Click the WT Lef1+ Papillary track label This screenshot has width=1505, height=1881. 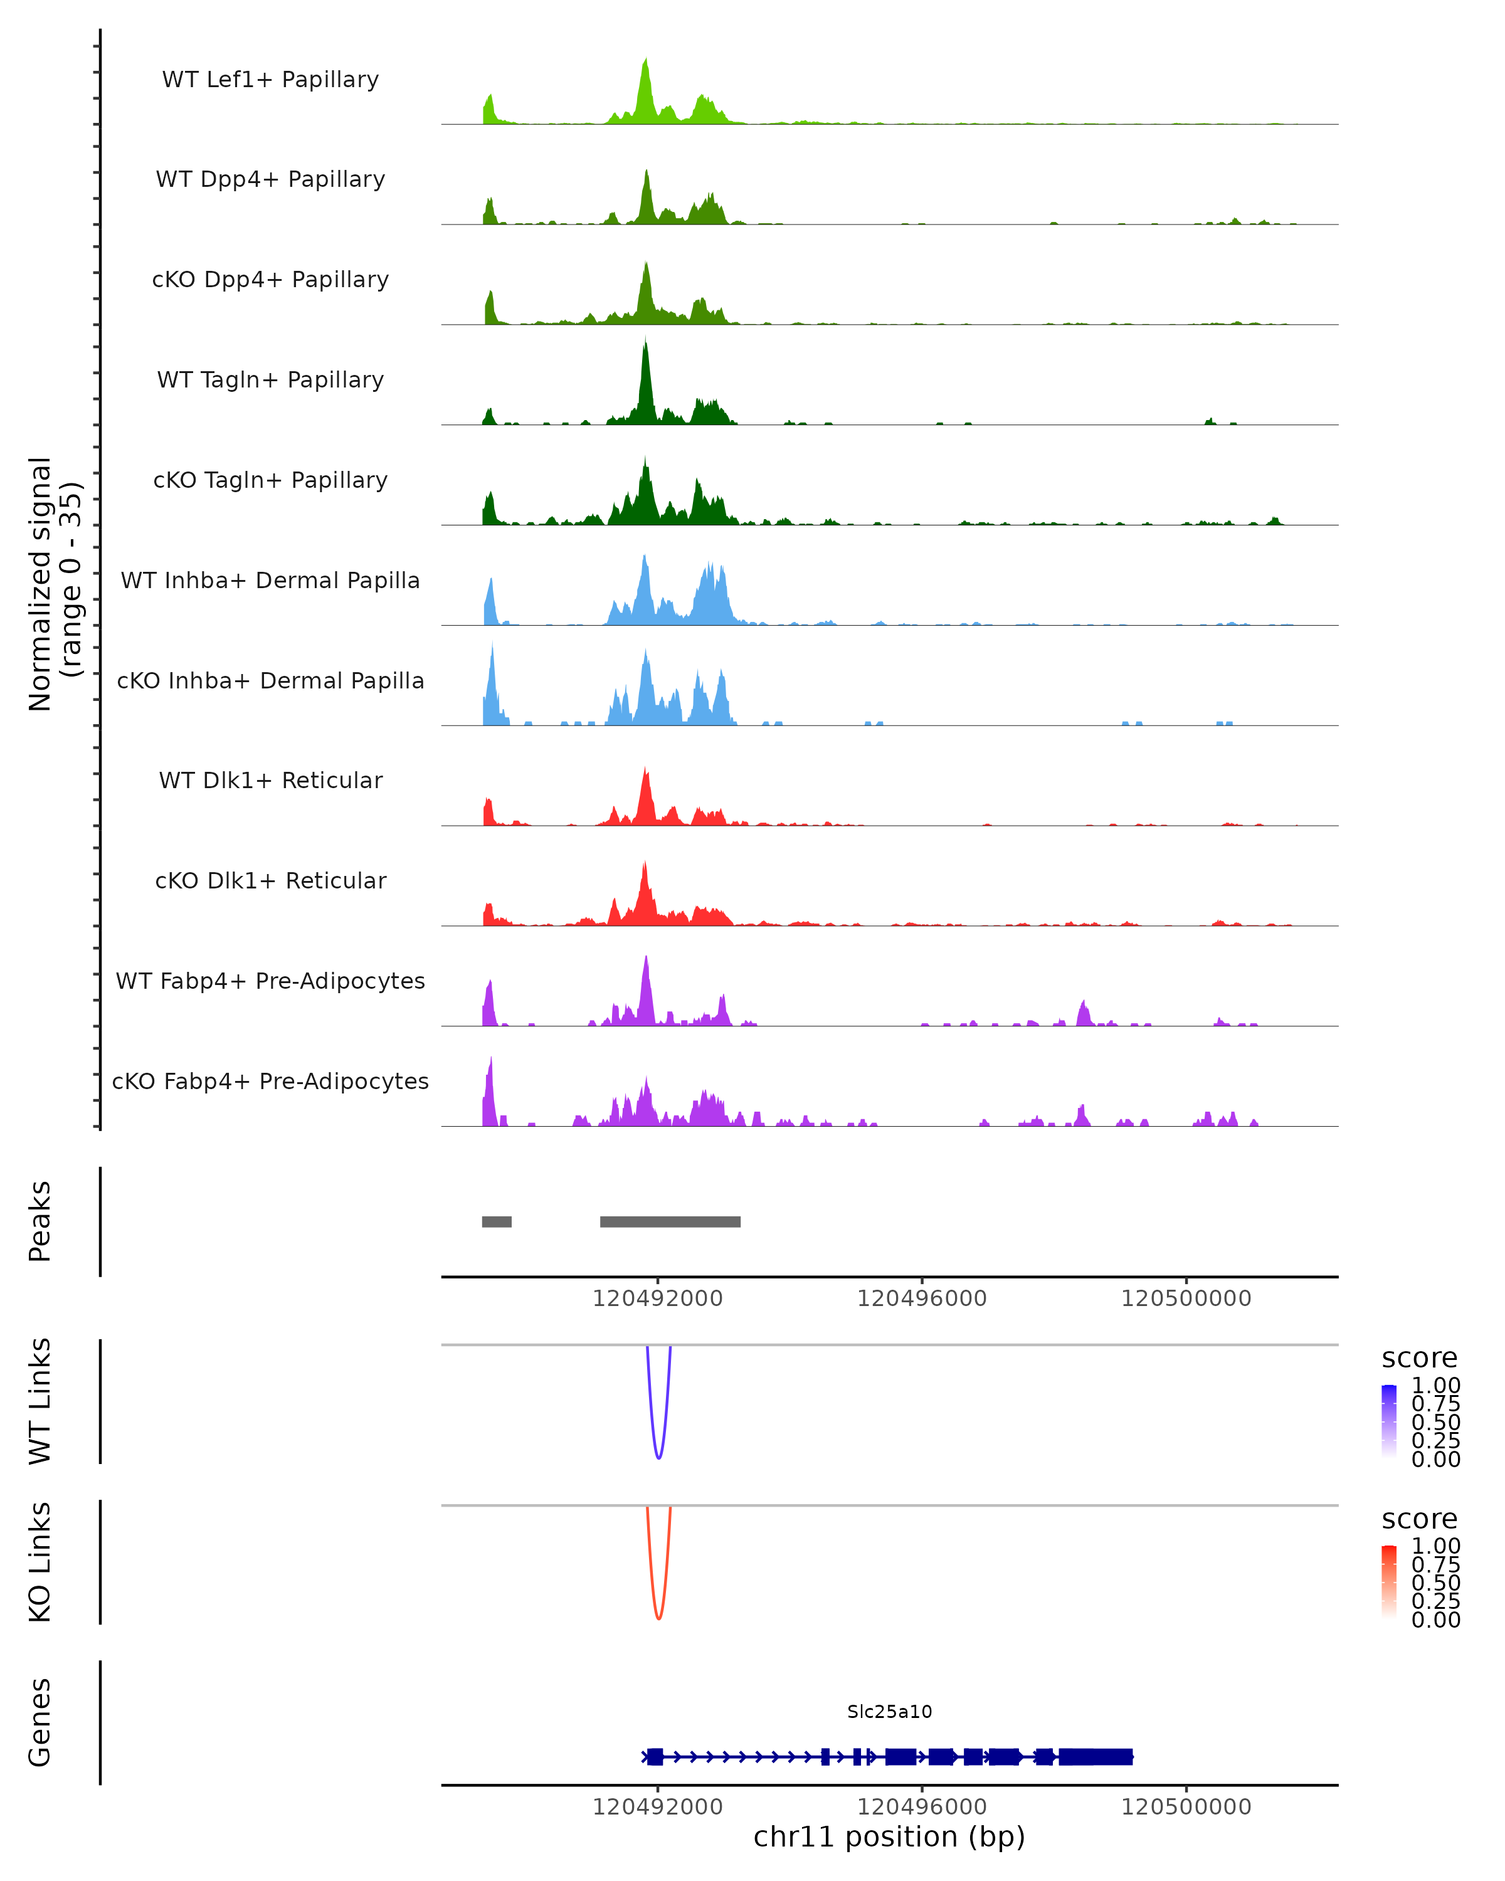pyautogui.click(x=270, y=80)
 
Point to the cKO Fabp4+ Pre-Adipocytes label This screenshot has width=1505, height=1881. pyautogui.click(x=270, y=1081)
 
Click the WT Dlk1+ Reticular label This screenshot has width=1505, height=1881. pyautogui.click(x=270, y=780)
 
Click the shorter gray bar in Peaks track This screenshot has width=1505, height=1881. pyautogui.click(x=497, y=1221)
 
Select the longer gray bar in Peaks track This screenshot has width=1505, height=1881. pyautogui.click(x=670, y=1221)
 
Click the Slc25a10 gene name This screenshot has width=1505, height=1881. pyautogui.click(x=889, y=1712)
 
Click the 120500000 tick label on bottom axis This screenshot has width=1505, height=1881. pyautogui.click(x=1186, y=1807)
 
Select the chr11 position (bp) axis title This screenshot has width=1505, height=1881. pyautogui.click(x=889, y=1837)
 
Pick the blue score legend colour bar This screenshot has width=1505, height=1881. pyautogui.click(x=1389, y=1421)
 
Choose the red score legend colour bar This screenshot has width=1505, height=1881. pyautogui.click(x=1389, y=1582)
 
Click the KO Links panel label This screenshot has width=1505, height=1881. pyautogui.click(x=40, y=1562)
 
